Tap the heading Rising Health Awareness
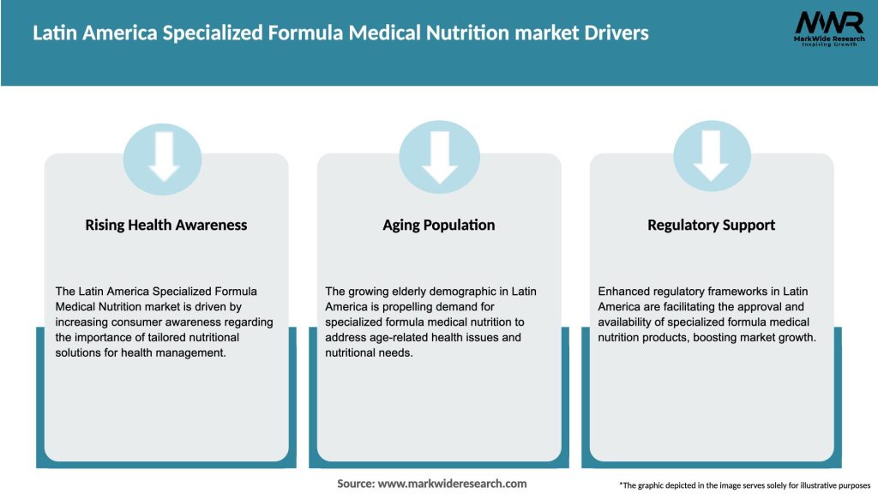[x=166, y=226]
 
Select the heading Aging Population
[x=439, y=226]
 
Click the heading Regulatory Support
[x=712, y=226]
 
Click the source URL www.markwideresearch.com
[x=452, y=484]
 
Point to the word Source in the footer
[x=354, y=484]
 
